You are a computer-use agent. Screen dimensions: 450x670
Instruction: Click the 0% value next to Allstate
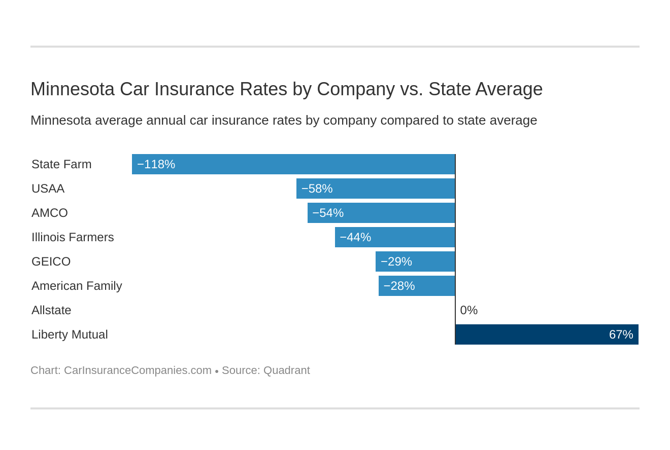tap(468, 310)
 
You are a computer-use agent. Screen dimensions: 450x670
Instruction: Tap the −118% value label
tap(156, 164)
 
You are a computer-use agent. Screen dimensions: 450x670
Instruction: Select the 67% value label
tap(621, 334)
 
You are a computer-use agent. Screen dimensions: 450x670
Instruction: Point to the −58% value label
tap(317, 189)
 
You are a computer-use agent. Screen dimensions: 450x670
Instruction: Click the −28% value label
tap(399, 286)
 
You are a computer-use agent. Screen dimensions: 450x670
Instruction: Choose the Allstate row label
tap(51, 310)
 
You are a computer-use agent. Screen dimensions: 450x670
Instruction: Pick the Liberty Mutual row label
tap(70, 334)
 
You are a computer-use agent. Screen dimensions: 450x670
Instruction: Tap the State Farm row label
tap(61, 164)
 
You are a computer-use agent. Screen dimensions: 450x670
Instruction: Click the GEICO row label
tap(51, 261)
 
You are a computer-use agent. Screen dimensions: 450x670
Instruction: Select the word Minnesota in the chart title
tap(72, 89)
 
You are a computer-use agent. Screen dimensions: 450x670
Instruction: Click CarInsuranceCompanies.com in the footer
tap(138, 370)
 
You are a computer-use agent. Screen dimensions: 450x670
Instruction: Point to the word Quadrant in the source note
tap(286, 370)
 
